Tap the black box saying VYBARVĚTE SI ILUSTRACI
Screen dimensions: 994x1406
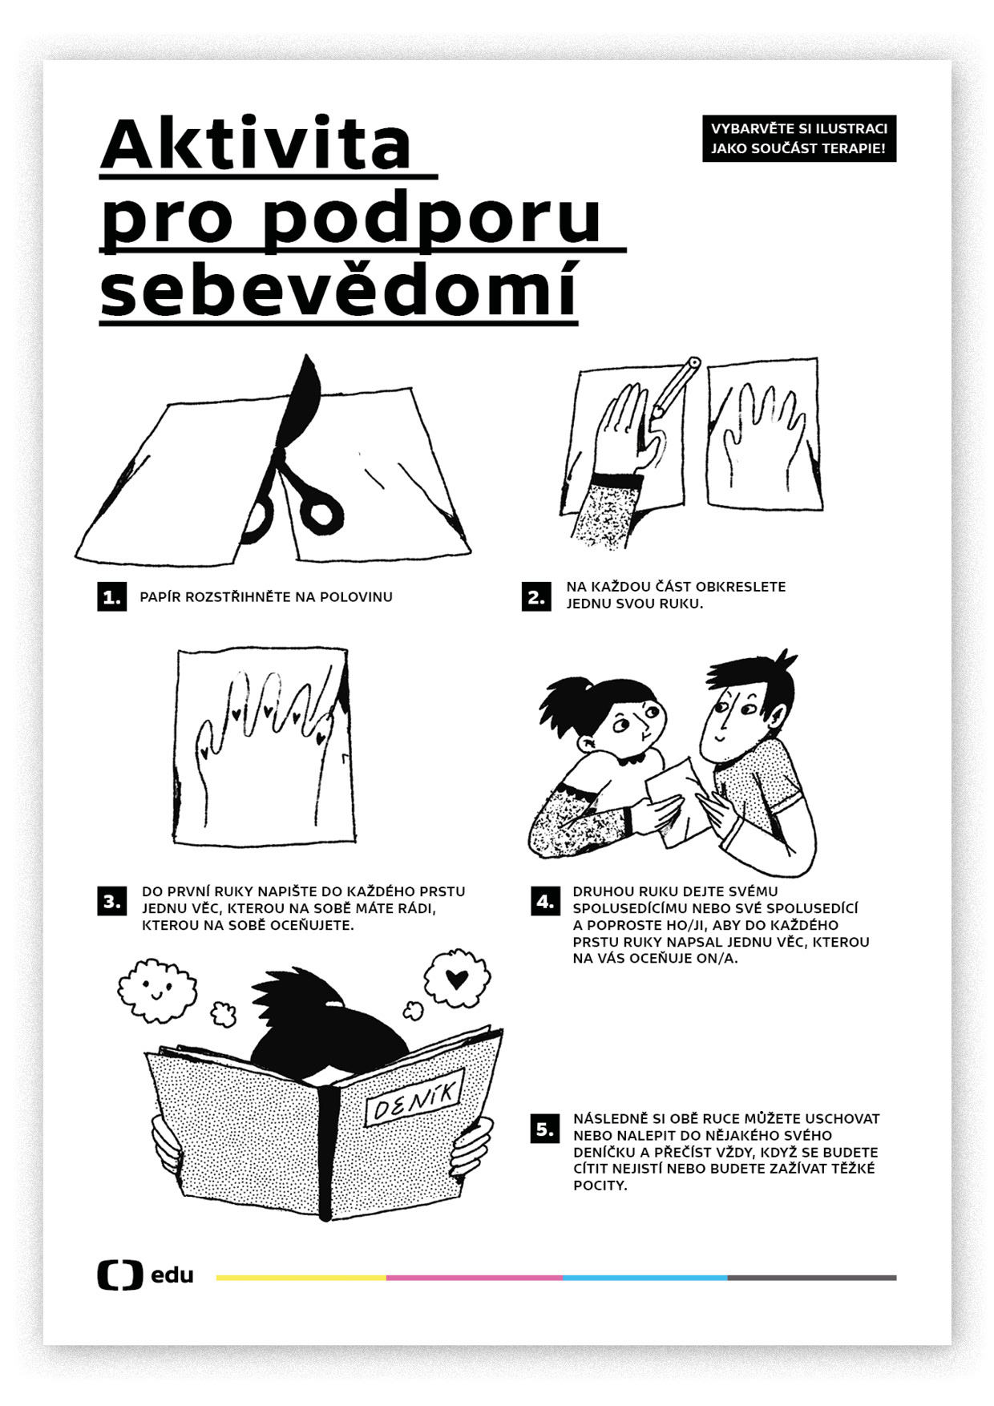[799, 139]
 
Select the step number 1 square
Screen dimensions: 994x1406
[111, 596]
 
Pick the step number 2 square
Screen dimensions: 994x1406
[536, 596]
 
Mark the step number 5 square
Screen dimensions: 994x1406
[545, 1129]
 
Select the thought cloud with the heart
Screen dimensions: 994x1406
[456, 979]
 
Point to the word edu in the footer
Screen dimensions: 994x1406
[172, 1275]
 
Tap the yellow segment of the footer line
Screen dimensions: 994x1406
[301, 1278]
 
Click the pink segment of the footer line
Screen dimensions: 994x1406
[475, 1278]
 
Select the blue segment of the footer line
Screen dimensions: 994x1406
[645, 1278]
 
